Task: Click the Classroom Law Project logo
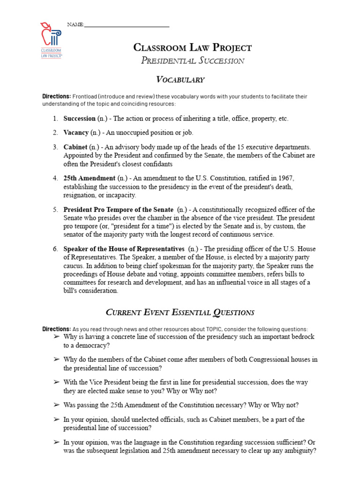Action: pyautogui.click(x=52, y=39)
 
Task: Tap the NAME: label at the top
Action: pyautogui.click(x=75, y=24)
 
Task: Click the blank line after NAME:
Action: pyautogui.click(x=127, y=25)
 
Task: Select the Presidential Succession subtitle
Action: pyautogui.click(x=193, y=60)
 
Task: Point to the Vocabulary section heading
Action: pyautogui.click(x=180, y=79)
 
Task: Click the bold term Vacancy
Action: pyautogui.click(x=76, y=133)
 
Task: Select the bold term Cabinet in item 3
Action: pyautogui.click(x=75, y=147)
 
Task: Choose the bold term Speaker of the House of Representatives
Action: pyautogui.click(x=124, y=249)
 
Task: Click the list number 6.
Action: pyautogui.click(x=55, y=249)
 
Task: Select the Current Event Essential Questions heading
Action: pyautogui.click(x=180, y=312)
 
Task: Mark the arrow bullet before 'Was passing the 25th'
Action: pyautogui.click(x=56, y=405)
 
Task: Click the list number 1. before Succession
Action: pyautogui.click(x=55, y=119)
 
